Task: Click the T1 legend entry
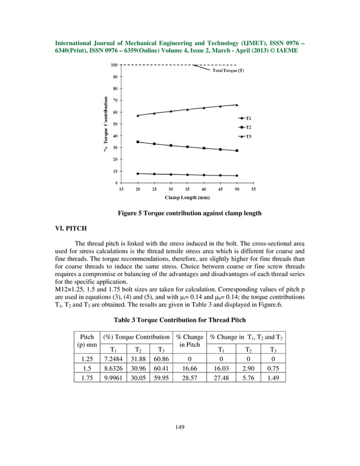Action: coord(244,118)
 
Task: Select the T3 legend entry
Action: coord(244,136)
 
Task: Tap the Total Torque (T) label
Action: coord(228,77)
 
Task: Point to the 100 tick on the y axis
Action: coord(114,65)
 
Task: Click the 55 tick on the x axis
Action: coord(253,190)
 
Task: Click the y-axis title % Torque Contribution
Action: coord(105,124)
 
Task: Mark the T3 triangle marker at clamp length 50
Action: coord(237,105)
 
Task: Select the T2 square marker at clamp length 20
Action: coord(138,142)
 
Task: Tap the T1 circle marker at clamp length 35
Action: coord(187,174)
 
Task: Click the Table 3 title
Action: coord(179,319)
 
